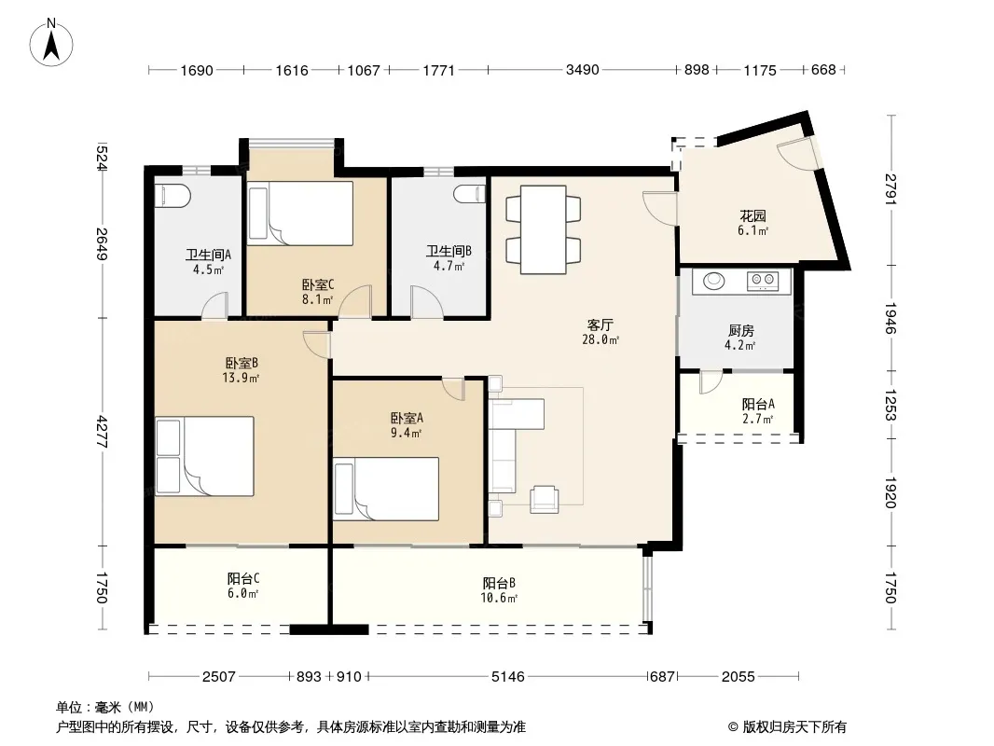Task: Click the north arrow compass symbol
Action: [x=51, y=42]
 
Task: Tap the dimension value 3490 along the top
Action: [x=582, y=70]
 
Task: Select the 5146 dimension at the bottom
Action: [x=508, y=676]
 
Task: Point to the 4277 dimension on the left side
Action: [x=102, y=432]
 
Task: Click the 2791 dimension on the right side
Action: [x=890, y=189]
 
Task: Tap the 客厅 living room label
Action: [x=600, y=325]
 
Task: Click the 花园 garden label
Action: [x=752, y=216]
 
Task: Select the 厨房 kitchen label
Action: [x=740, y=331]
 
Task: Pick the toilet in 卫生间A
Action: [x=173, y=195]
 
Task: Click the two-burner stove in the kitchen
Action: [x=763, y=280]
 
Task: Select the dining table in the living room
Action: [x=544, y=229]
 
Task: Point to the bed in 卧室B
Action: [x=205, y=456]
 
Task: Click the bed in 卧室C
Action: [x=300, y=214]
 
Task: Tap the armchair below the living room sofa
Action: [x=544, y=499]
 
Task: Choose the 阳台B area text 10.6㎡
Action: [x=499, y=598]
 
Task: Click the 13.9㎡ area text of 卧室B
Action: [x=241, y=379]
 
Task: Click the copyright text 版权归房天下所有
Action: [x=794, y=727]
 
